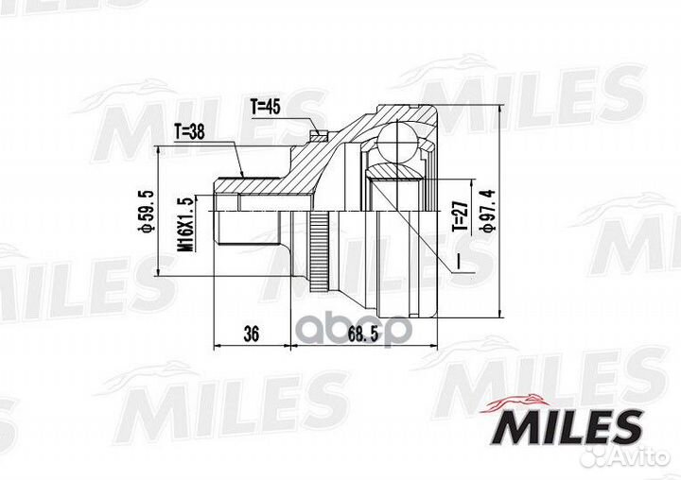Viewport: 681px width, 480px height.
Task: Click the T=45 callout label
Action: tap(266, 107)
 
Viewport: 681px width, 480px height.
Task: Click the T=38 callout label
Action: tap(189, 131)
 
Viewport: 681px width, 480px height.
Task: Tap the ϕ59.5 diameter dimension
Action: tap(147, 212)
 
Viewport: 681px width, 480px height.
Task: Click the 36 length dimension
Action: tap(251, 334)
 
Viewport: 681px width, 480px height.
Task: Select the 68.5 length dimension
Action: tap(363, 334)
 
